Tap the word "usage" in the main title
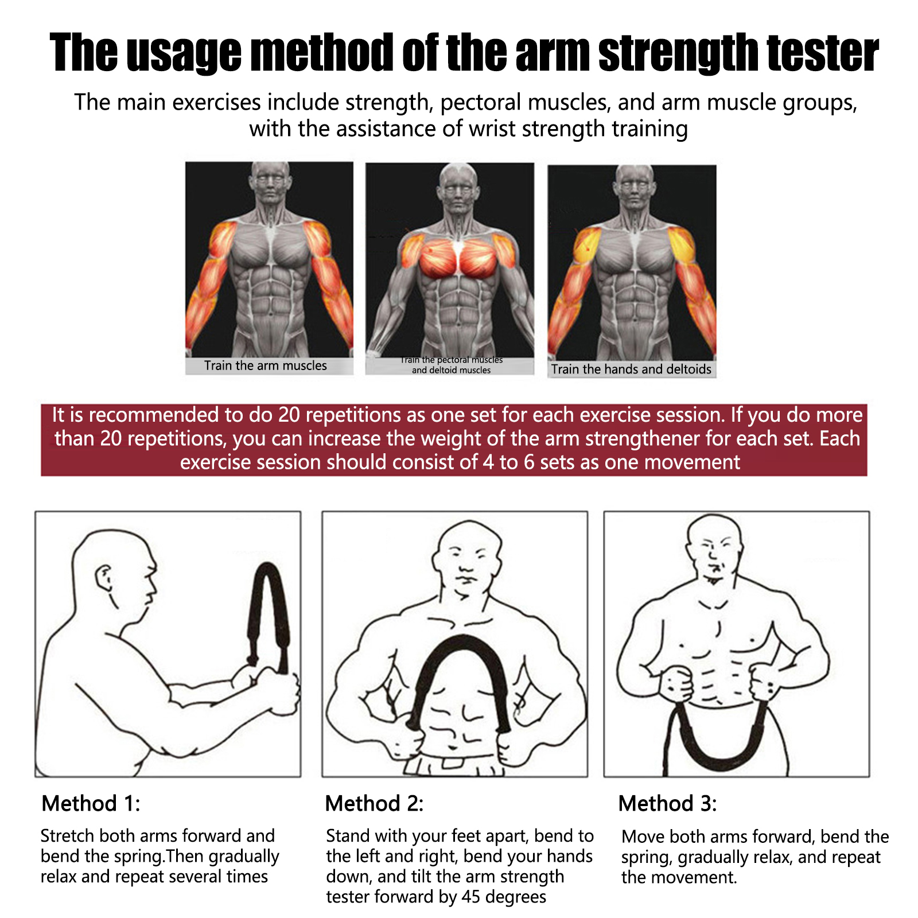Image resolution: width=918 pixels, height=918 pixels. click(x=184, y=53)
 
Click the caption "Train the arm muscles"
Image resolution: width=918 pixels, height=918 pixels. click(x=266, y=365)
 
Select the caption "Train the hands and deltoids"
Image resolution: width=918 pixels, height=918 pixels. click(x=631, y=369)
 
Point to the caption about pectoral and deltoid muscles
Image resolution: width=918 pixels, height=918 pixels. click(x=452, y=365)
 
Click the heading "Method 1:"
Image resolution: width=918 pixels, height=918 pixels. click(x=91, y=803)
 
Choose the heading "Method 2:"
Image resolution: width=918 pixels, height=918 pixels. click(x=374, y=803)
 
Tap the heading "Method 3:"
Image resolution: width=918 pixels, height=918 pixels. click(x=668, y=803)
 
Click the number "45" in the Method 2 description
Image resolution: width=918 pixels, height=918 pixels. click(x=473, y=897)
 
